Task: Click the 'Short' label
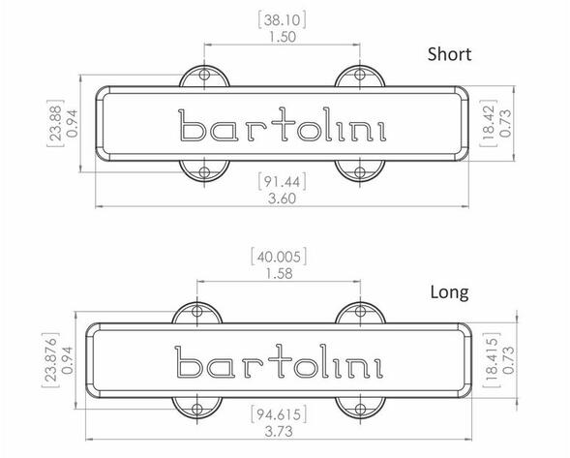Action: click(449, 54)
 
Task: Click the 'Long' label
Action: click(449, 292)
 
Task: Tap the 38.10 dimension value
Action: click(282, 20)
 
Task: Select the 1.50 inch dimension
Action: click(282, 37)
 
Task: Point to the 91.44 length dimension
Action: click(282, 181)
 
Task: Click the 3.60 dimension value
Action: click(282, 198)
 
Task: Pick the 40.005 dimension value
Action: click(279, 257)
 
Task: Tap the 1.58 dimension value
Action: click(279, 274)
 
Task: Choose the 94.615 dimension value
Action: click(279, 414)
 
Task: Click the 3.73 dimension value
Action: click(279, 432)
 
